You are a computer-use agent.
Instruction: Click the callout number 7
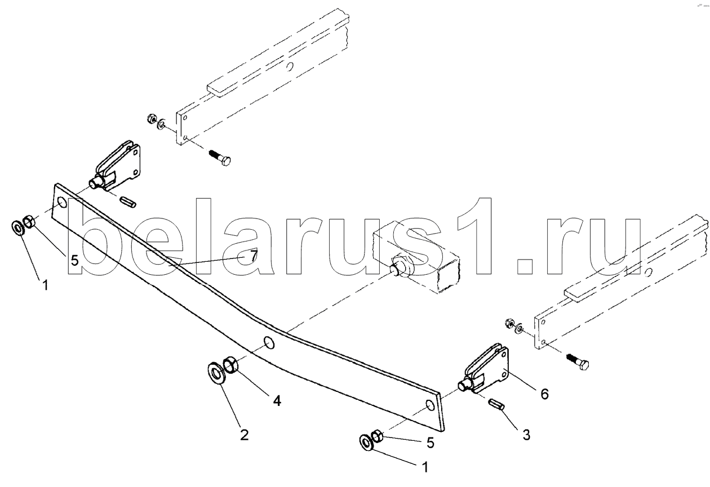point(252,256)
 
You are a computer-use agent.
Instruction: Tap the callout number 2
point(245,435)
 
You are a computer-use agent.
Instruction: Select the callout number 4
point(277,400)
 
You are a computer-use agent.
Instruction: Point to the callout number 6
point(544,394)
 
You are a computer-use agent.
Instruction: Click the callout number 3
point(526,435)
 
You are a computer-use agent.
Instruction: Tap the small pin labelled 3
point(496,404)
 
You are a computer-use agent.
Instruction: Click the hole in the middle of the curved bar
point(269,343)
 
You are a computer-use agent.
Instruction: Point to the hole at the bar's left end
point(63,202)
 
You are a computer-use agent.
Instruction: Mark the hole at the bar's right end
point(429,405)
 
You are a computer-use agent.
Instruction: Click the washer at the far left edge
point(17,227)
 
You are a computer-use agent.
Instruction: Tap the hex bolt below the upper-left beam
point(220,159)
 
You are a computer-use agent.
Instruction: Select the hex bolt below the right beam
point(578,361)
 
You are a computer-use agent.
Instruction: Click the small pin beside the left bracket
point(128,202)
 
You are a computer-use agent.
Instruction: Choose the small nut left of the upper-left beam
point(152,118)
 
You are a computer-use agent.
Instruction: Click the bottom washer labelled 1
point(367,443)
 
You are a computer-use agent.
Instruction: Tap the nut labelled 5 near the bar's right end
point(377,437)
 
